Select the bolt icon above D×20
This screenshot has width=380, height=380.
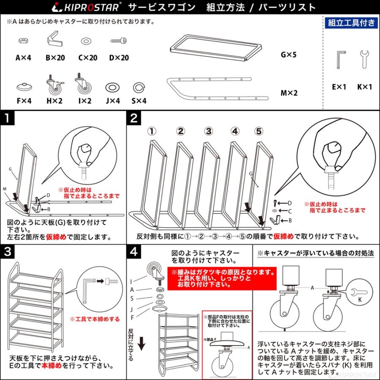pyautogui.click(x=119, y=41)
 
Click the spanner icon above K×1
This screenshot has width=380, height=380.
pyautogui.click(x=364, y=59)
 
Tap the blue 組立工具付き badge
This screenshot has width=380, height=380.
pyautogui.click(x=351, y=23)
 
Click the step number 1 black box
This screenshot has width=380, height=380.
pyautogui.click(x=8, y=118)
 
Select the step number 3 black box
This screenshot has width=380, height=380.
pyautogui.click(x=8, y=252)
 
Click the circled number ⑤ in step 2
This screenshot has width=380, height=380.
pyautogui.click(x=259, y=131)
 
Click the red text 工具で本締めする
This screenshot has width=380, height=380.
pyautogui.click(x=95, y=319)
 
